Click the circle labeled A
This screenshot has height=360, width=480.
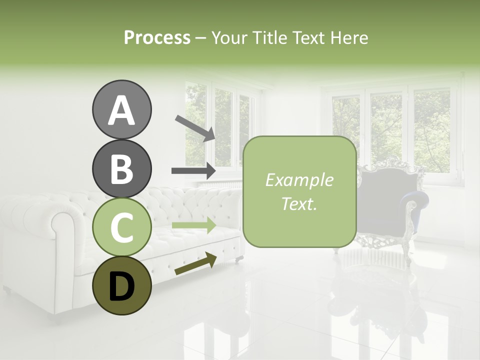(x=121, y=109)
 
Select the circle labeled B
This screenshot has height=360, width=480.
(x=121, y=168)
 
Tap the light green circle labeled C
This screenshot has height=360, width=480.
(x=121, y=227)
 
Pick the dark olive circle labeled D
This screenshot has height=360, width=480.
(x=121, y=286)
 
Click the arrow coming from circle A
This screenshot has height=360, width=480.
(x=194, y=127)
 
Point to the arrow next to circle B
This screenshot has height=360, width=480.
(x=193, y=171)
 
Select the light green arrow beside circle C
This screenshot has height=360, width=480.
(x=193, y=225)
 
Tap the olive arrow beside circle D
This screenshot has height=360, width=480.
(x=195, y=264)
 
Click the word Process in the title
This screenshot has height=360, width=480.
(x=157, y=37)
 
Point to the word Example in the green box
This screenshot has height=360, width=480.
(x=299, y=180)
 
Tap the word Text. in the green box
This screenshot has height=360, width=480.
(x=299, y=204)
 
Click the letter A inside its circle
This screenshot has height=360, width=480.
(x=121, y=110)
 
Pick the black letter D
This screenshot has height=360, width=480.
(x=121, y=287)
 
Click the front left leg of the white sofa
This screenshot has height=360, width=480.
(x=7, y=289)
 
